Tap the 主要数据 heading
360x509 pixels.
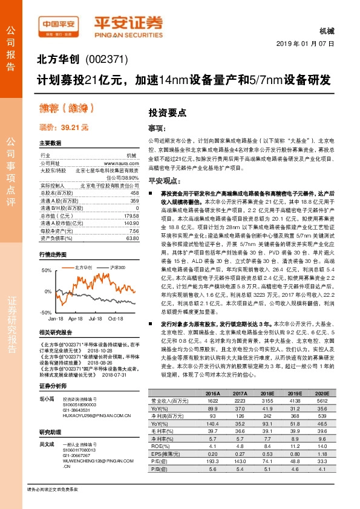coord(50,143)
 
